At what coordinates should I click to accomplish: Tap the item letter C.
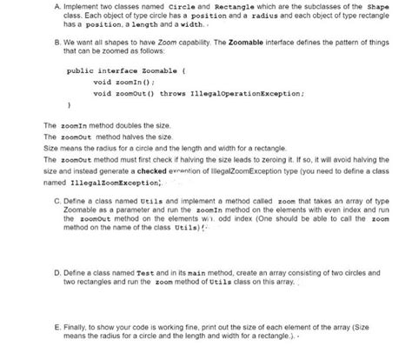pos(56,199)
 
